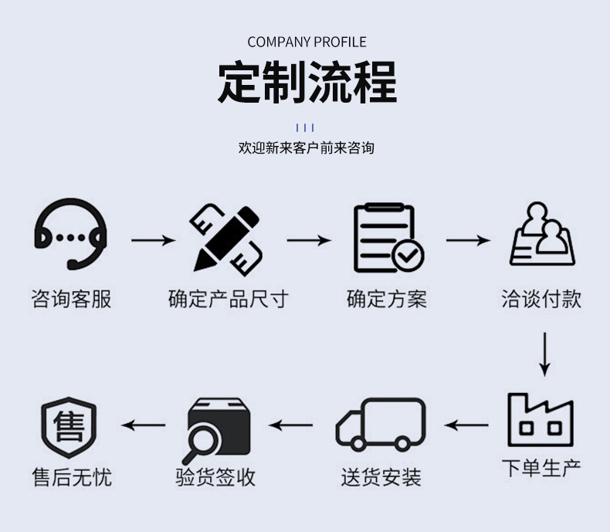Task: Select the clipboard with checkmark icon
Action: pos(388,238)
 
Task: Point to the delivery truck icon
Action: pos(381,424)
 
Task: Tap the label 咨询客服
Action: pos(71,299)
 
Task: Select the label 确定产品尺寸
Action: pos(228,299)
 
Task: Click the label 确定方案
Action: pos(386,299)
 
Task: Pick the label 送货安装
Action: pos(381,477)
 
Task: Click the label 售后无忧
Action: pos(71,477)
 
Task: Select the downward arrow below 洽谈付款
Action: pos(544,354)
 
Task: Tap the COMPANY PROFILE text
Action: pos(307,42)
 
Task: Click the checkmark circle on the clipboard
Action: pos(408,254)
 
